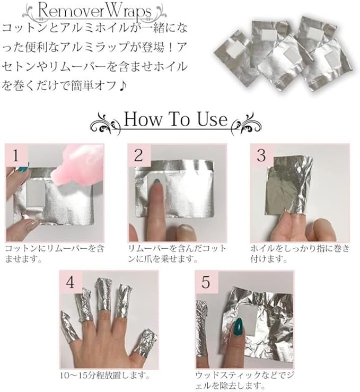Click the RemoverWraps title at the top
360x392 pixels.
point(94,11)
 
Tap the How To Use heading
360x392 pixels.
point(175,119)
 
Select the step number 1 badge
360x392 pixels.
point(16,155)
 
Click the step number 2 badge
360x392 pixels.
point(138,155)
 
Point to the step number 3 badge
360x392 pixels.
point(261,155)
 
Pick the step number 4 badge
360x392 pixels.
point(70,282)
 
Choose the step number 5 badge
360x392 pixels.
point(206,282)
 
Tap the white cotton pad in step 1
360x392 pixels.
point(36,194)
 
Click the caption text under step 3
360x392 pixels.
point(300,254)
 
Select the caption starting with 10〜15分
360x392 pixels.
point(105,376)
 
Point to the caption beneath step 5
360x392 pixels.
point(245,380)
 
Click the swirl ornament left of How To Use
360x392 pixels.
point(106,124)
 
